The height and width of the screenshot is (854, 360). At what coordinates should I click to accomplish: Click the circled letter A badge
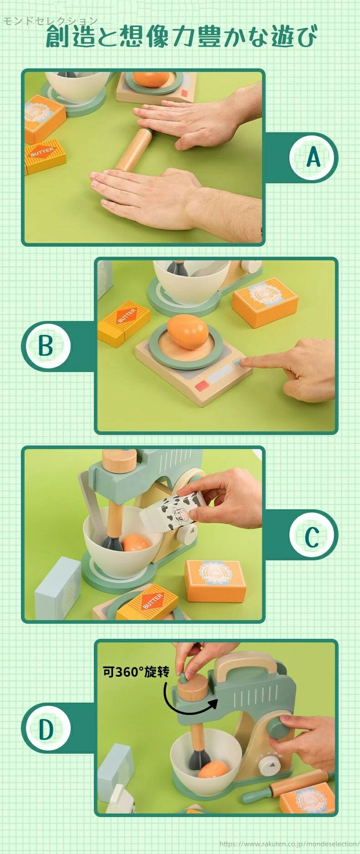(x=314, y=157)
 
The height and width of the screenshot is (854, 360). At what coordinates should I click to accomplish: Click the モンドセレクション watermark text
(x=50, y=21)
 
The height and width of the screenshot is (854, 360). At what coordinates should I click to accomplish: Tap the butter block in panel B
(x=124, y=322)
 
